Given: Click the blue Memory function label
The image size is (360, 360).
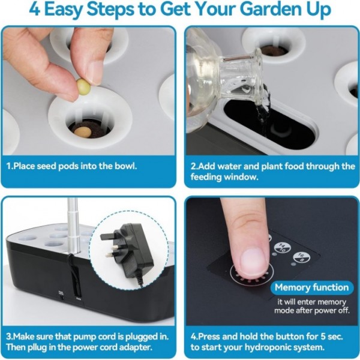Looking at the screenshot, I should [311, 287].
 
